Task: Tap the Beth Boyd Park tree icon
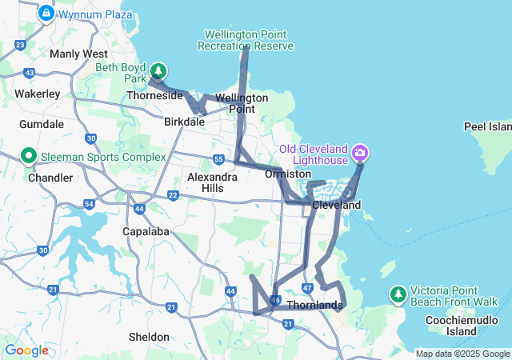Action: [159, 72]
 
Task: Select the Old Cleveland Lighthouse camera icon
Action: [360, 152]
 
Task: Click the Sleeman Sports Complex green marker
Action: [29, 155]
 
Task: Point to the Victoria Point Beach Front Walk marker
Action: [398, 295]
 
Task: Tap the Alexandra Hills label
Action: [212, 182]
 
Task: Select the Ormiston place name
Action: [289, 174]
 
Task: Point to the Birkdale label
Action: [184, 122]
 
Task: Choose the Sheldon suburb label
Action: [150, 337]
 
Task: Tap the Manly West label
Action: [78, 54]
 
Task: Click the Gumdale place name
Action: [42, 124]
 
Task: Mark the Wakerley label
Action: [38, 94]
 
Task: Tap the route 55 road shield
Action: [218, 160]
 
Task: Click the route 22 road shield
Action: [173, 195]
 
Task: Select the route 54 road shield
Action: [89, 205]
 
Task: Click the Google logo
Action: [26, 350]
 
